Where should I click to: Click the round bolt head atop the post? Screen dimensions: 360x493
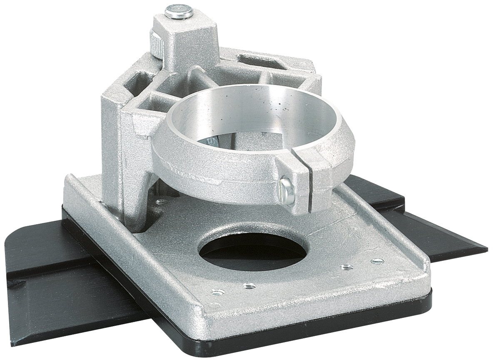click(179, 12)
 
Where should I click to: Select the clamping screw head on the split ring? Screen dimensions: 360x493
click(287, 190)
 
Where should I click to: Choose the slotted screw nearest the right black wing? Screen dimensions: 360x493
click(377, 262)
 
